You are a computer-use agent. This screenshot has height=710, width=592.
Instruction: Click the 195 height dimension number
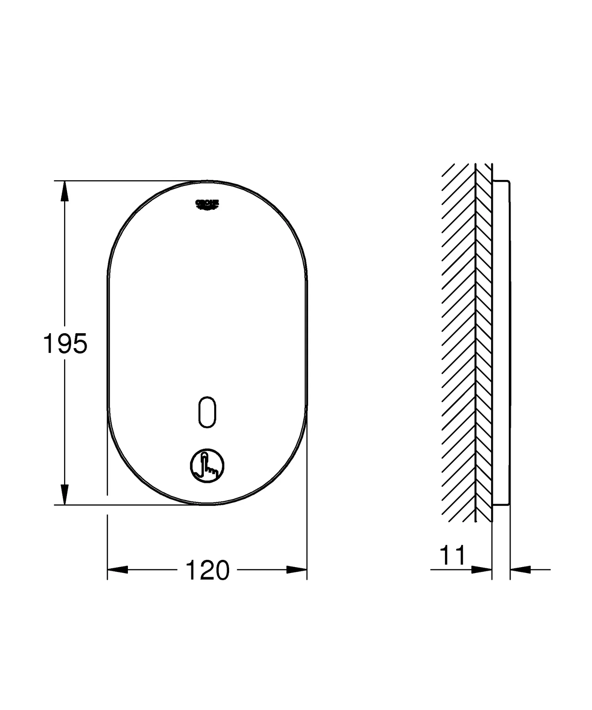click(65, 344)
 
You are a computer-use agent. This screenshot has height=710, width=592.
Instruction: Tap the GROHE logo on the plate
click(207, 204)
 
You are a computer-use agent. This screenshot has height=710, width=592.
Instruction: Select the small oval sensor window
click(207, 412)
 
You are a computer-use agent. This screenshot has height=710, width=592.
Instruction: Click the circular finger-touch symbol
click(207, 465)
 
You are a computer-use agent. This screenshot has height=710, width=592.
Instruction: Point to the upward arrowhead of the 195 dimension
click(64, 191)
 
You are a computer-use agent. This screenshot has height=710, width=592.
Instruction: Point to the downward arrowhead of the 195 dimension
click(64, 494)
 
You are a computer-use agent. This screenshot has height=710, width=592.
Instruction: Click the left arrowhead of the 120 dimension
click(118, 569)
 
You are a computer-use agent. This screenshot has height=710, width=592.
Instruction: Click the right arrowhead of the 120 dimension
click(297, 569)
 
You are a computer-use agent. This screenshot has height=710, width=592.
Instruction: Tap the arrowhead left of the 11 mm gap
click(482, 569)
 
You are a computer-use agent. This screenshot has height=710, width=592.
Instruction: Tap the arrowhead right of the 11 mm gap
click(520, 569)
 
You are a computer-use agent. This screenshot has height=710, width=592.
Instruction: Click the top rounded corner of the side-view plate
click(507, 182)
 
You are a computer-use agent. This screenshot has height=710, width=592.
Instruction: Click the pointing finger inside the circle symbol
click(206, 463)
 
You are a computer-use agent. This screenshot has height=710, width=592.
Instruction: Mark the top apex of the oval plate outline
click(207, 181)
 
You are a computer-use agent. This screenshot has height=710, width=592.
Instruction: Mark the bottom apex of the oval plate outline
click(207, 504)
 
